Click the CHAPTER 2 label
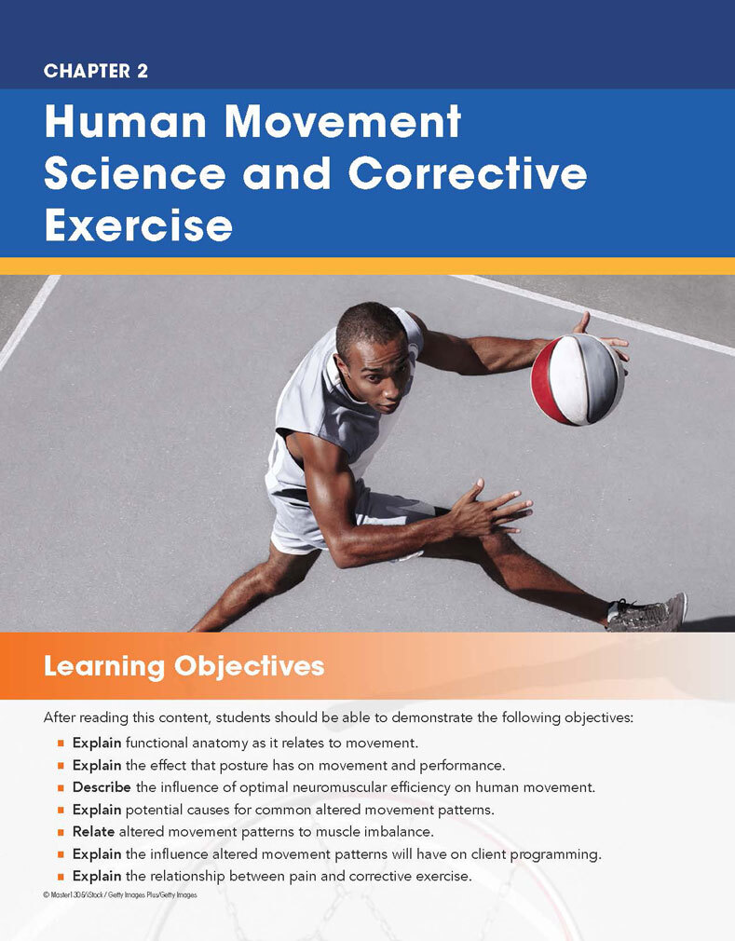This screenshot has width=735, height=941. click(x=95, y=71)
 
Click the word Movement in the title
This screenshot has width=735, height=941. click(x=343, y=121)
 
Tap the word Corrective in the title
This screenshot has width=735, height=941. click(x=468, y=173)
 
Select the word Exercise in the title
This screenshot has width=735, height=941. click(x=139, y=225)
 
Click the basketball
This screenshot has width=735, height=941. click(x=578, y=379)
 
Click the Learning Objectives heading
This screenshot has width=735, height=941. click(x=184, y=667)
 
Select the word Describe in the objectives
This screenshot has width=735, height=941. click(x=102, y=786)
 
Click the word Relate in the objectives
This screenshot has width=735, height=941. click(x=93, y=831)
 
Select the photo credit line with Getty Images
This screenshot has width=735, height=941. click(x=120, y=894)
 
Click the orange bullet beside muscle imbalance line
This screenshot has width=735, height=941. click(x=61, y=832)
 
